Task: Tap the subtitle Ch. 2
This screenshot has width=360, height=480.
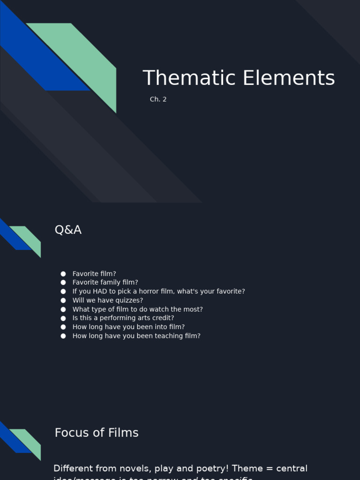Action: tap(158, 99)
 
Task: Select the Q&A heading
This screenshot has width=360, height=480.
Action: tap(68, 230)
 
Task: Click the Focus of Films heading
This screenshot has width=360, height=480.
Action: tap(97, 433)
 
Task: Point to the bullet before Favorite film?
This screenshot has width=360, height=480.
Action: tap(63, 274)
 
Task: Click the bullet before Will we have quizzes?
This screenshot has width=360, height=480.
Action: tap(63, 300)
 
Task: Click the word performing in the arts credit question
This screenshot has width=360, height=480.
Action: tap(124, 318)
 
